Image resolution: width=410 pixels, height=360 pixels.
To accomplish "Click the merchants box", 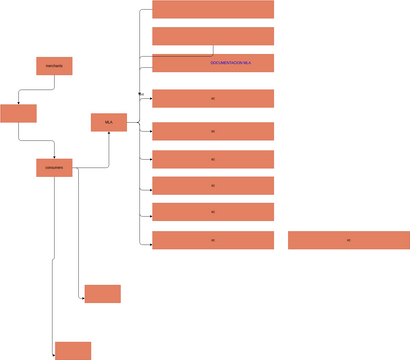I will click(54, 66).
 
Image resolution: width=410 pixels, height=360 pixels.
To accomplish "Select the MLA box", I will click(108, 122).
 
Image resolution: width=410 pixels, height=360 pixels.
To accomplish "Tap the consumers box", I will click(54, 168).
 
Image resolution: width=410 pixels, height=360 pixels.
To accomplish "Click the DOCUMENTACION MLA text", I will click(230, 63).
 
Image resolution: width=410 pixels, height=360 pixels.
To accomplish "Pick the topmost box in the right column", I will click(213, 9).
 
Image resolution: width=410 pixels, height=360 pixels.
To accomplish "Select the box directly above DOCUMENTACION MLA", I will click(213, 36).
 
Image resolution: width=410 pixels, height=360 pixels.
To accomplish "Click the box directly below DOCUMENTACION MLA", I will click(213, 99).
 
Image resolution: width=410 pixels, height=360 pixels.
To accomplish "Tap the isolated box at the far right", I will click(349, 240).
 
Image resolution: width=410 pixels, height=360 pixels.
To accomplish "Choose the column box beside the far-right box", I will click(213, 240).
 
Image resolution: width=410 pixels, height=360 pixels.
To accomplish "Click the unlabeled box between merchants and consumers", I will click(18, 112).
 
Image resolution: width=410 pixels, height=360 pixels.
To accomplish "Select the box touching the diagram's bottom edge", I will click(73, 351).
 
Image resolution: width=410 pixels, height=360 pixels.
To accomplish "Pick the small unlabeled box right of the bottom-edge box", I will click(102, 294).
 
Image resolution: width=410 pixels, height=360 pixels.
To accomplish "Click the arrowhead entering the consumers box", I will click(54, 158).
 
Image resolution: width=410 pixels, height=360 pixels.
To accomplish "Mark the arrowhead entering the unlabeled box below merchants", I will click(18, 103).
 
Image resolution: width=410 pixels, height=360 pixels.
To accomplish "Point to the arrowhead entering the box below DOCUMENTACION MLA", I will click(151, 99).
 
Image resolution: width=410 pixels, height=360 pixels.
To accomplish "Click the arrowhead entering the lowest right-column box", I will click(151, 240).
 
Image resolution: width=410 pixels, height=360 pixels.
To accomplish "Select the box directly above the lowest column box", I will click(213, 212).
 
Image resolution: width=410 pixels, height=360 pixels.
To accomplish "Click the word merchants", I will click(54, 66).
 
